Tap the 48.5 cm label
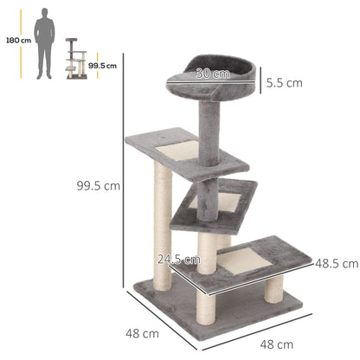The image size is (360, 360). pyautogui.click(x=336, y=261)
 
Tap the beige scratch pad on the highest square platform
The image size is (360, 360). pyautogui.click(x=177, y=152)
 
